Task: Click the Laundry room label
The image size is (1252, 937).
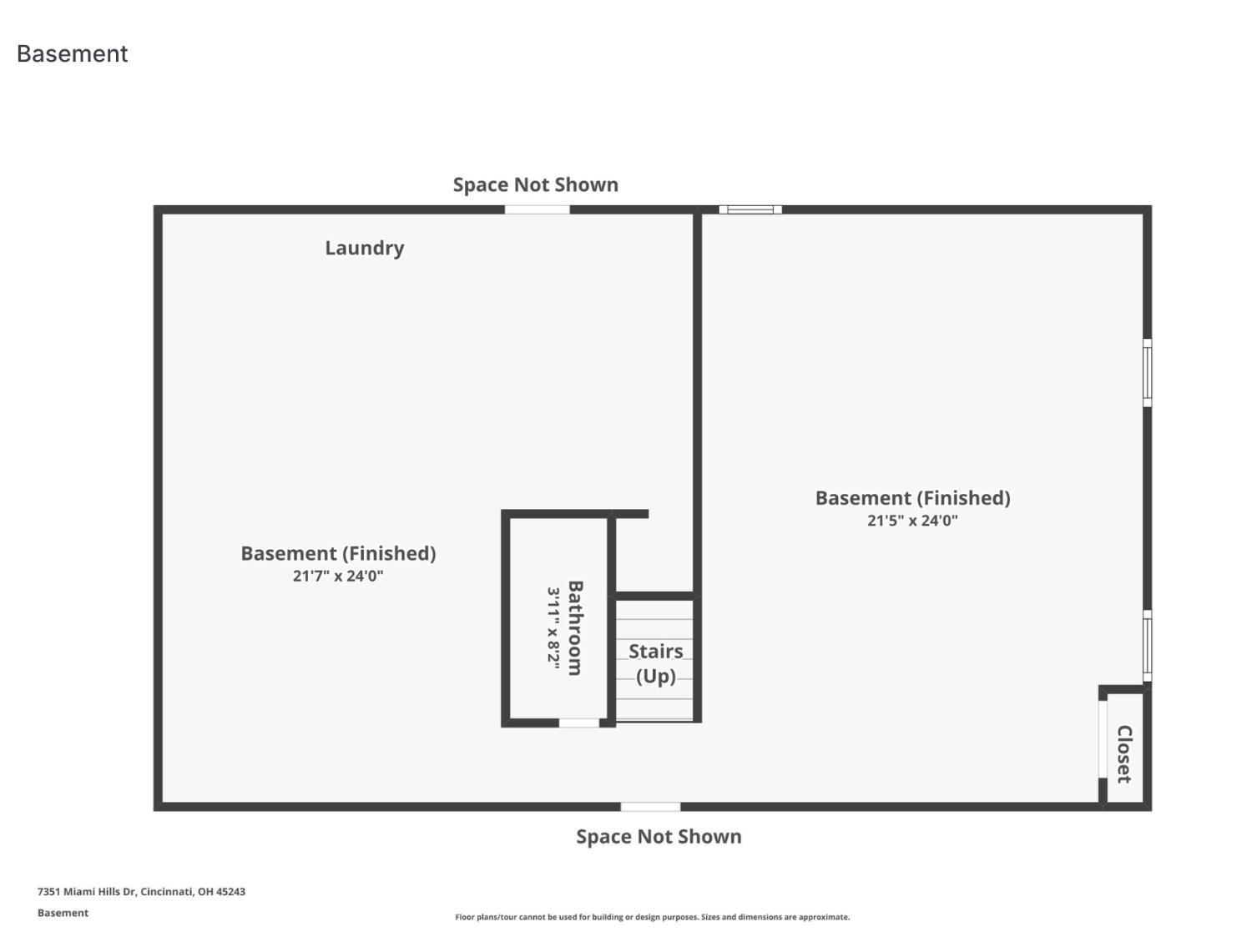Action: (365, 248)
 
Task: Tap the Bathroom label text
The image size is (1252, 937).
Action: (575, 627)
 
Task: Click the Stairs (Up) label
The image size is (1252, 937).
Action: (655, 663)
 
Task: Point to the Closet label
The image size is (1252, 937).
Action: (1124, 753)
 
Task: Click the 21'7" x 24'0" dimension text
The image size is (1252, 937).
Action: (338, 576)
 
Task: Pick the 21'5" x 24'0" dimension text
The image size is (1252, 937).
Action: (912, 521)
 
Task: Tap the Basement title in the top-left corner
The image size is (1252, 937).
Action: (73, 53)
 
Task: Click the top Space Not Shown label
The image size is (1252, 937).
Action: (535, 184)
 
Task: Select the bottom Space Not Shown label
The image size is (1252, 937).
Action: (659, 836)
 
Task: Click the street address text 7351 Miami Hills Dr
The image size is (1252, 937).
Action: (141, 891)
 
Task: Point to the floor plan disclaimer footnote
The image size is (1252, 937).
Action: (652, 917)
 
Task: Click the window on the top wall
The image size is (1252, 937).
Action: (750, 209)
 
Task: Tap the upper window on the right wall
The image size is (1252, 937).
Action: (1148, 373)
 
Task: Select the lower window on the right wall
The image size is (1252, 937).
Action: (1148, 646)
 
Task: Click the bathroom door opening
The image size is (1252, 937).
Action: (579, 723)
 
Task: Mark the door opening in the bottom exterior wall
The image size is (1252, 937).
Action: (650, 807)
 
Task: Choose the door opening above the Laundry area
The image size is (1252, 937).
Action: (537, 209)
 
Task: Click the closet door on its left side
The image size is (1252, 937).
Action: (1103, 739)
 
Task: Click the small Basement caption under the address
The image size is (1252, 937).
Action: (63, 913)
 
